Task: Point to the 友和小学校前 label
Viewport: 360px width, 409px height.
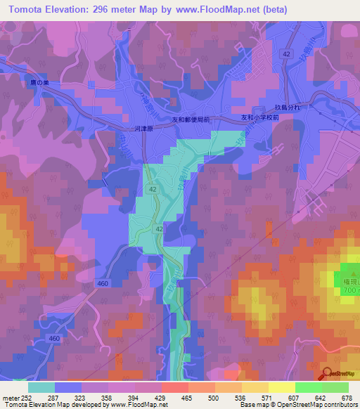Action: tap(261, 117)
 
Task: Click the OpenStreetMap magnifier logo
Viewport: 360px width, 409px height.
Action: tap(327, 373)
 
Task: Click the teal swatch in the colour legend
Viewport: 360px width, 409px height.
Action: tap(41, 387)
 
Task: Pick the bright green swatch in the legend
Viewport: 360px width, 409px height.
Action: tap(309, 387)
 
